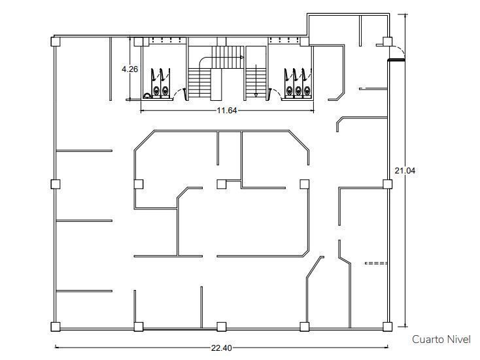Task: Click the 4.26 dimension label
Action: point(129,69)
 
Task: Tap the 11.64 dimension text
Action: point(227,111)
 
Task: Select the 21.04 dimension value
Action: point(405,171)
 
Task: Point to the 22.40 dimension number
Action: point(221,348)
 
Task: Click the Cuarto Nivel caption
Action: point(441,340)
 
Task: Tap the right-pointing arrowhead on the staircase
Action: point(242,58)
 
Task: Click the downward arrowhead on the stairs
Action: point(256,96)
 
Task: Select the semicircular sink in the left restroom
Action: point(147,96)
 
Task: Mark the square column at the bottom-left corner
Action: point(56,327)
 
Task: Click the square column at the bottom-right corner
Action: point(388,327)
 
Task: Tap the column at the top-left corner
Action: point(56,41)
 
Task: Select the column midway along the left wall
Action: point(56,184)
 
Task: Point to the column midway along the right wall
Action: point(388,184)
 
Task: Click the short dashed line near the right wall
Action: point(376,263)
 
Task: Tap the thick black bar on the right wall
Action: point(396,60)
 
